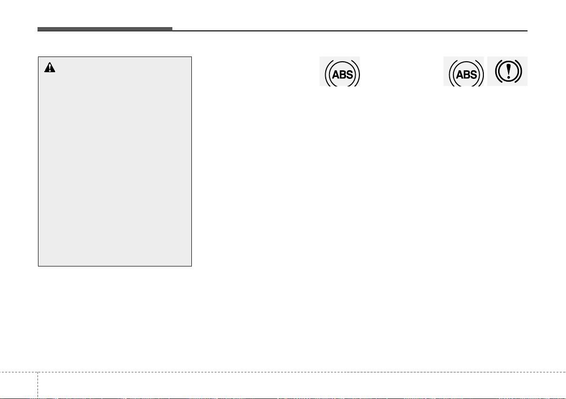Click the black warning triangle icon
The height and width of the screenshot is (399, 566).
[49, 67]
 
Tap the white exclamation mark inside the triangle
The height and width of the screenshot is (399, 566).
[50, 68]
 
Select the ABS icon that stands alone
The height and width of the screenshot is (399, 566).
[340, 72]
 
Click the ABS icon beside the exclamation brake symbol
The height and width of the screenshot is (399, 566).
[463, 72]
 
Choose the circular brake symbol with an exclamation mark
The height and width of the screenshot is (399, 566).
[508, 71]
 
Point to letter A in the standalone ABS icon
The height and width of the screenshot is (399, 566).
[335, 75]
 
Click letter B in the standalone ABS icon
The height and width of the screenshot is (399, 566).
[342, 75]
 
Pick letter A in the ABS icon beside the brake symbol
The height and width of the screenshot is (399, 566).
[460, 75]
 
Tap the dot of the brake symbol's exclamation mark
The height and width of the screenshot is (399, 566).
[509, 77]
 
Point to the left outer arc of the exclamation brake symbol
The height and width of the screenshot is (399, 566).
[497, 71]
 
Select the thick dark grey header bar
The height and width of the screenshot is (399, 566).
[104, 29]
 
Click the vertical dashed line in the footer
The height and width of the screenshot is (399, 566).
[38, 385]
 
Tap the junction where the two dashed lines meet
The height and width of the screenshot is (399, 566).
[38, 372]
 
